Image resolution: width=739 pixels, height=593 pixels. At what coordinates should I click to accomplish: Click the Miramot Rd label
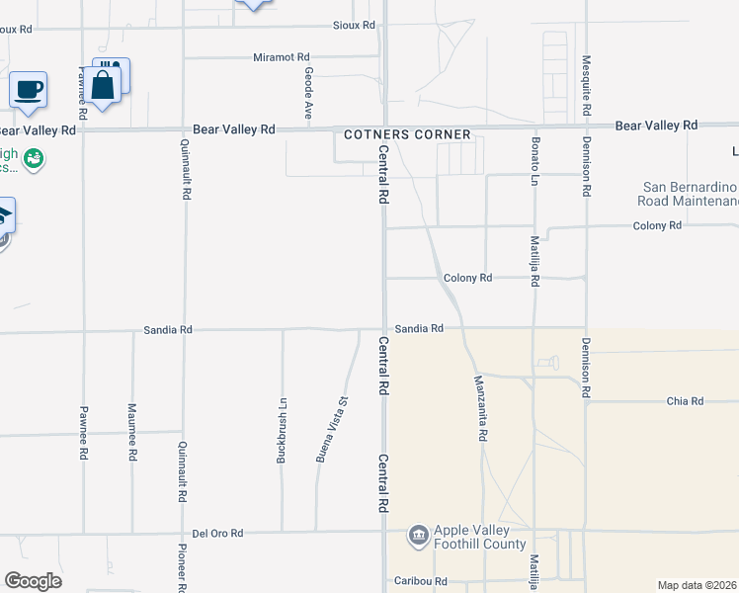tap(281, 57)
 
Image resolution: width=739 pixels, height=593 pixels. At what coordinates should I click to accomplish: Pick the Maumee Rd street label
tap(131, 433)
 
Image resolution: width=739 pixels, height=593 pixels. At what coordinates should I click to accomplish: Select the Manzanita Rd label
tap(480, 407)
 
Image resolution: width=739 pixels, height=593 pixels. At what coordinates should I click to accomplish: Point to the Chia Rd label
tap(684, 401)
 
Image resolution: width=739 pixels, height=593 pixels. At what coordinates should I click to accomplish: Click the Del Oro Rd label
tap(217, 533)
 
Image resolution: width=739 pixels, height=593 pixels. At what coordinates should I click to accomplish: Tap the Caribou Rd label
tap(421, 581)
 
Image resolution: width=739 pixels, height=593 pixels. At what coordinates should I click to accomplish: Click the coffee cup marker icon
tap(28, 90)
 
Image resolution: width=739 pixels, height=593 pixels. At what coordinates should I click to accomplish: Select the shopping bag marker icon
tap(104, 84)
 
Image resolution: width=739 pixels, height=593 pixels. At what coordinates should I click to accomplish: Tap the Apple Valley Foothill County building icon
tap(418, 536)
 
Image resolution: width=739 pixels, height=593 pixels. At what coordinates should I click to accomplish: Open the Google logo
tap(33, 581)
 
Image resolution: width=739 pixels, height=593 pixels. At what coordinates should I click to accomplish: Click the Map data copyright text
tap(698, 585)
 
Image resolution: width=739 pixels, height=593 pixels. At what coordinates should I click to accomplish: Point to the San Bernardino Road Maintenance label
tap(690, 194)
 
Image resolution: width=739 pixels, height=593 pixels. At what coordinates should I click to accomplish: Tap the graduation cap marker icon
tap(4, 216)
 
